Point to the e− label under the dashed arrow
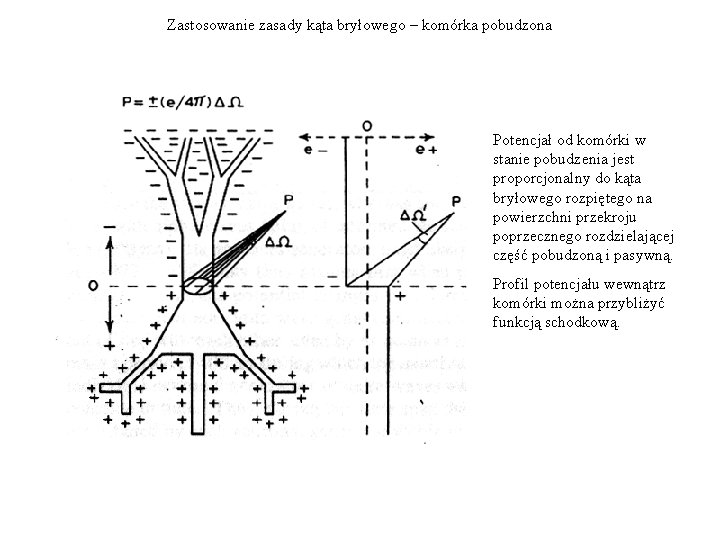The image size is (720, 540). pyautogui.click(x=317, y=150)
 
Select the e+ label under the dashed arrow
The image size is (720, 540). pyautogui.click(x=426, y=150)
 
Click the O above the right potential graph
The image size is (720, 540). pyautogui.click(x=368, y=125)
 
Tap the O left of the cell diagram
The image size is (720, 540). pyautogui.click(x=92, y=286)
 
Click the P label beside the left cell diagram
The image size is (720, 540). pyautogui.click(x=288, y=201)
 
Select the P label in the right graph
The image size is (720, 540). pyautogui.click(x=456, y=203)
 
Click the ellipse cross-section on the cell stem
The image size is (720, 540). pyautogui.click(x=200, y=287)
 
